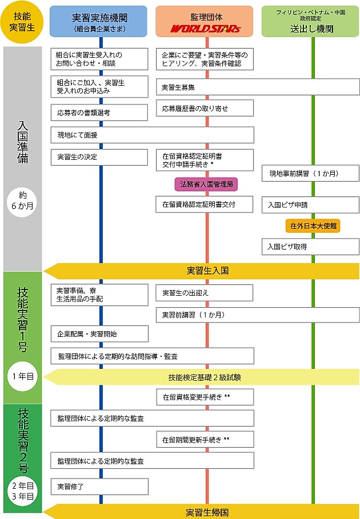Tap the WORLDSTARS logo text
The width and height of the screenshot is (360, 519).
coord(204,28)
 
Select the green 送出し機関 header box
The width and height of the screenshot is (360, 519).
coord(310,22)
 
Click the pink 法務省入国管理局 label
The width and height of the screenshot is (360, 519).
coord(205,184)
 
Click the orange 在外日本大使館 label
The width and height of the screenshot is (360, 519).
coord(313,226)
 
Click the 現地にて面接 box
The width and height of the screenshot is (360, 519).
coord(151,135)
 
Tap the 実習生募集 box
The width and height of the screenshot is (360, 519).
coord(258,87)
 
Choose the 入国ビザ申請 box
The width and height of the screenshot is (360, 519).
coord(311,204)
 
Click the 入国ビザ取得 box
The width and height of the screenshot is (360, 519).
coord(311,247)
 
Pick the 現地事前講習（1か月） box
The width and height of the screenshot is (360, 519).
coord(311,173)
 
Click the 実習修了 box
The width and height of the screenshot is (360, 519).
coord(99,486)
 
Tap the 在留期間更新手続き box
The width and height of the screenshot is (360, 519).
coord(205,440)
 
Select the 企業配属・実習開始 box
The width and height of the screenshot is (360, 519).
coord(99,333)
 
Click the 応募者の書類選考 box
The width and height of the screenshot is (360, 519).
coord(99,112)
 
